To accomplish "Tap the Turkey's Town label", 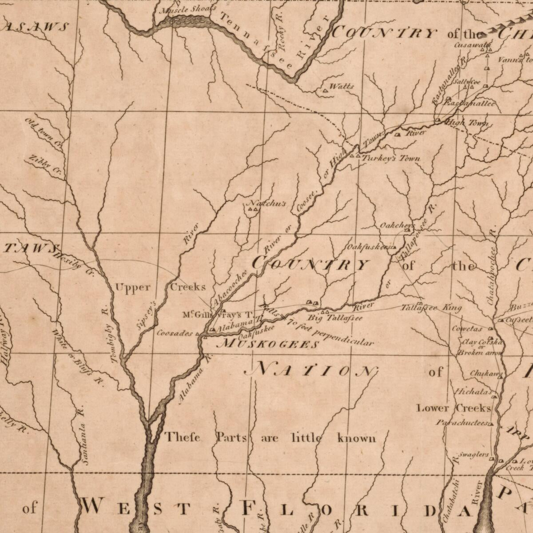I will (x=391, y=159).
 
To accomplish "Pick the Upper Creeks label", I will (x=160, y=287).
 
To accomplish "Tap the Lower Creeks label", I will (x=453, y=408).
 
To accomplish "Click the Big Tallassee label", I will (x=335, y=318).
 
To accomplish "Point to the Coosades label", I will (x=175, y=333).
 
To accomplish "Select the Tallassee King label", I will (x=431, y=308).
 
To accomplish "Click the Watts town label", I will (x=342, y=86).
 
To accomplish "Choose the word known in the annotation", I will (x=356, y=438).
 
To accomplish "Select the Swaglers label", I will (x=473, y=455).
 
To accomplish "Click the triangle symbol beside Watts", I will (x=325, y=91).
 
